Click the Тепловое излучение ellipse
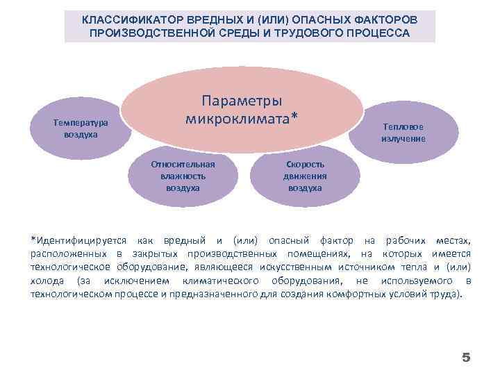(403, 132)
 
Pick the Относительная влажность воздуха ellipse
(183, 176)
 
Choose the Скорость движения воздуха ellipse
(305, 176)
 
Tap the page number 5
(466, 358)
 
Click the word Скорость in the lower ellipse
(305, 165)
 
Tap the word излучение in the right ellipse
(403, 139)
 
